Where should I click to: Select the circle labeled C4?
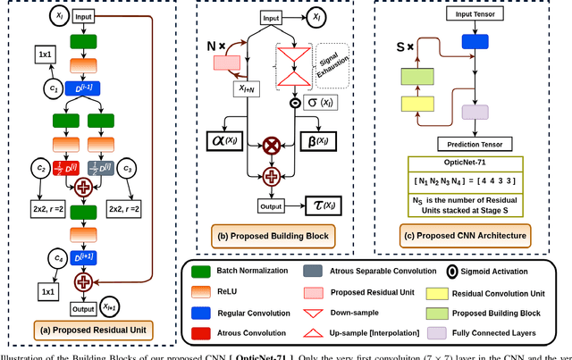[54, 260]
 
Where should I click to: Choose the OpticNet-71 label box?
[467, 163]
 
